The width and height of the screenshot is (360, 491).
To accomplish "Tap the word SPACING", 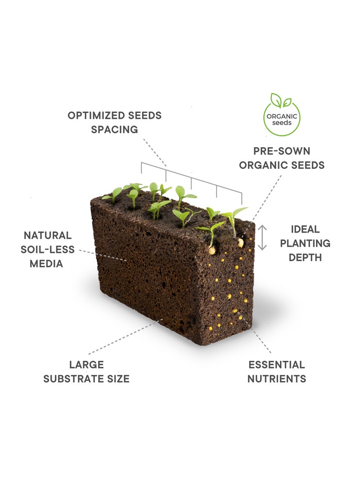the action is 115,130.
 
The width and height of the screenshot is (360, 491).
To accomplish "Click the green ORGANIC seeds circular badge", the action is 282,117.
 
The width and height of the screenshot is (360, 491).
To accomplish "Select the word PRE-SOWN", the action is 282,151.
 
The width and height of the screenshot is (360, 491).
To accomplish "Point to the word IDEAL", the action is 305,229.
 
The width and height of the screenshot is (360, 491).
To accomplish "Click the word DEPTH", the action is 305,257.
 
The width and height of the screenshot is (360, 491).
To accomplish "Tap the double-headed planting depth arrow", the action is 262,238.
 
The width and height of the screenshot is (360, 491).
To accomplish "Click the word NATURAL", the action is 48,235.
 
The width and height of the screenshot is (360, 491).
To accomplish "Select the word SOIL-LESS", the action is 48,250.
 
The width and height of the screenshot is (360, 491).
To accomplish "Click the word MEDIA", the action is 46,264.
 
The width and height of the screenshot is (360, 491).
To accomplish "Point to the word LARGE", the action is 86,365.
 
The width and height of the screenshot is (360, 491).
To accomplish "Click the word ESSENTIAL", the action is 277,365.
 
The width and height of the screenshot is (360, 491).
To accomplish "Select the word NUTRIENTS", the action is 277,379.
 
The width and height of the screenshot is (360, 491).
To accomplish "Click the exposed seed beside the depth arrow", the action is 240,243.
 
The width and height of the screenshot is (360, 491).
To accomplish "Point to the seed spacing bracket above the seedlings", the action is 191,178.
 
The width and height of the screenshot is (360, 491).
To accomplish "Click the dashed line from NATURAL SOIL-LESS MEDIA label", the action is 103,255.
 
